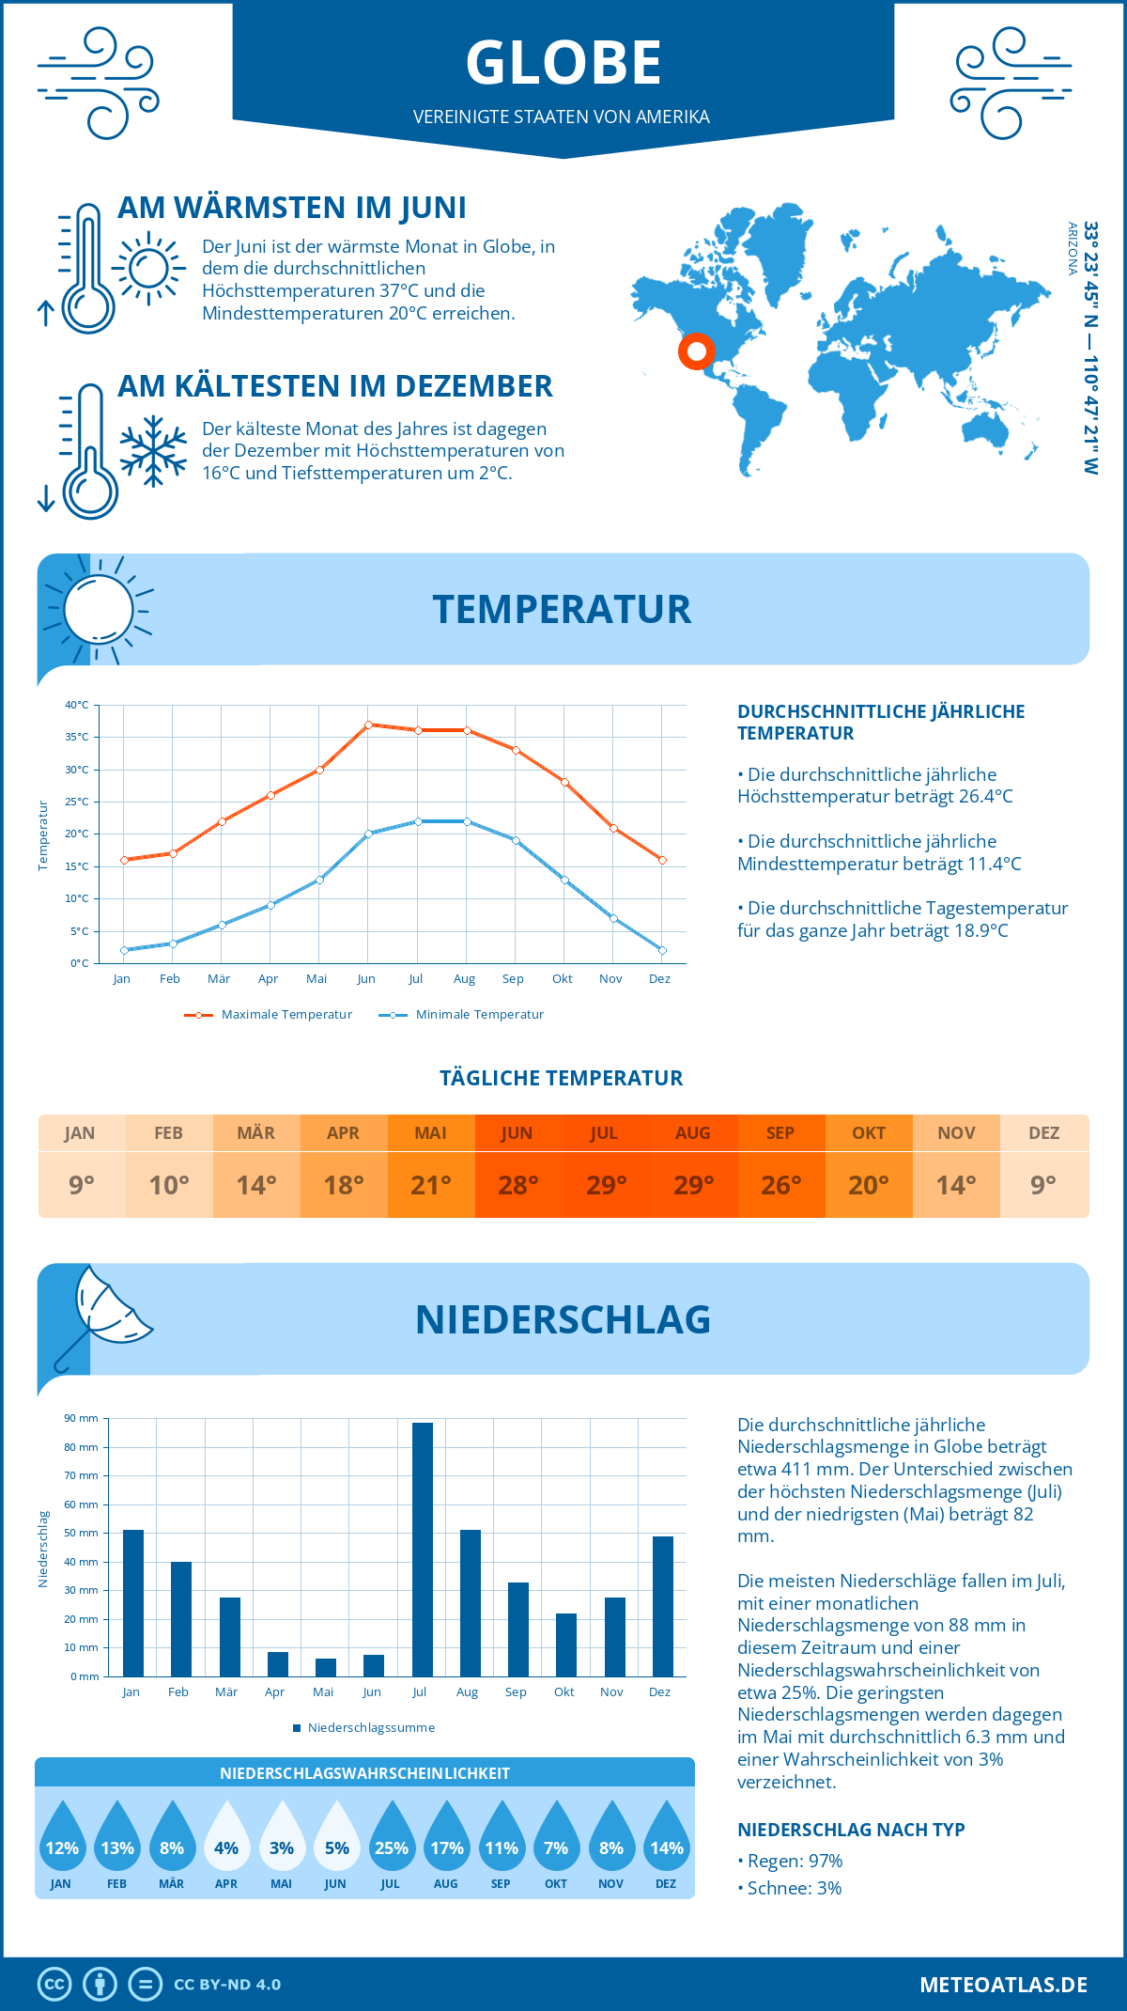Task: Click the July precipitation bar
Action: tap(423, 1550)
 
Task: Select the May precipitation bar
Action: tap(326, 1668)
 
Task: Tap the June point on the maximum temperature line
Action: tap(369, 725)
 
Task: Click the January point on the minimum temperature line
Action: tap(124, 950)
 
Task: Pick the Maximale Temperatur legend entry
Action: tap(269, 1015)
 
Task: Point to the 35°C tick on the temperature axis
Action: tap(77, 737)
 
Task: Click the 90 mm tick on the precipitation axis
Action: tap(82, 1418)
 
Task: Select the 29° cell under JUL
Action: tap(606, 1185)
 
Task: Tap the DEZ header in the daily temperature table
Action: tap(1043, 1133)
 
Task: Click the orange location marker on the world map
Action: tap(697, 351)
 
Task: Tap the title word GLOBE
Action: tap(563, 63)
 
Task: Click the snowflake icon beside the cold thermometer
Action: tap(153, 451)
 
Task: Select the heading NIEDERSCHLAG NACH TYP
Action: tap(851, 1830)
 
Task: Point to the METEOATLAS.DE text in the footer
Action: tap(1003, 1985)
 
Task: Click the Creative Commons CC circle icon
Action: tap(54, 1985)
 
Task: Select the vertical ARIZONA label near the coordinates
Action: tap(1072, 248)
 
